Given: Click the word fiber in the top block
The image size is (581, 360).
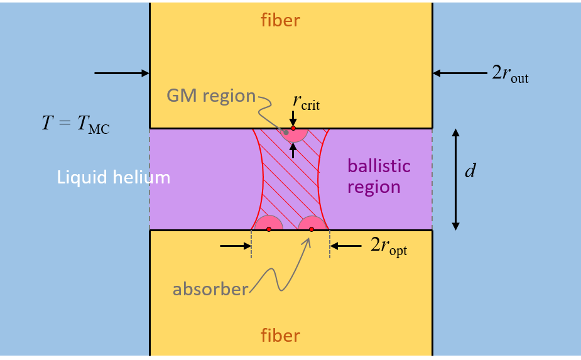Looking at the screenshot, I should click(x=281, y=21).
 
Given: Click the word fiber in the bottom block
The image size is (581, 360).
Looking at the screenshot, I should click(x=281, y=335).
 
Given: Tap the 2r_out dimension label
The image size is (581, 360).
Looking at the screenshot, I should click(x=510, y=74).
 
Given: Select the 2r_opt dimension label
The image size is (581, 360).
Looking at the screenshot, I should click(x=389, y=246).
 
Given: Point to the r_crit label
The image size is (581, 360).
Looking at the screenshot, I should click(x=307, y=104).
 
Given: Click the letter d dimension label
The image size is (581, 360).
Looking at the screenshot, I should click(x=470, y=172).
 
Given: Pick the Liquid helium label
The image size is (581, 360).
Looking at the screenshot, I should click(x=114, y=178).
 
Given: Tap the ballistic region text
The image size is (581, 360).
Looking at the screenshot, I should click(x=379, y=177).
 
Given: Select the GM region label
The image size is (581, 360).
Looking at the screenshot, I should click(x=211, y=96).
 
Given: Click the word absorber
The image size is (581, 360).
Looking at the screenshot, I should click(x=210, y=290).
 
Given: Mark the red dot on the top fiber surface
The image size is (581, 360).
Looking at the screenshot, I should click(x=293, y=128).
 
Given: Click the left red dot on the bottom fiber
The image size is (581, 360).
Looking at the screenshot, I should click(x=269, y=229).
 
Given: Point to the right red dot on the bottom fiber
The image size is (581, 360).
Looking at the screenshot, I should click(x=312, y=229).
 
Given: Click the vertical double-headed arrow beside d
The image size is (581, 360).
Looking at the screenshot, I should click(x=457, y=179).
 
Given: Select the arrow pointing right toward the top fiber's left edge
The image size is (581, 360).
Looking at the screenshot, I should click(x=122, y=74).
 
